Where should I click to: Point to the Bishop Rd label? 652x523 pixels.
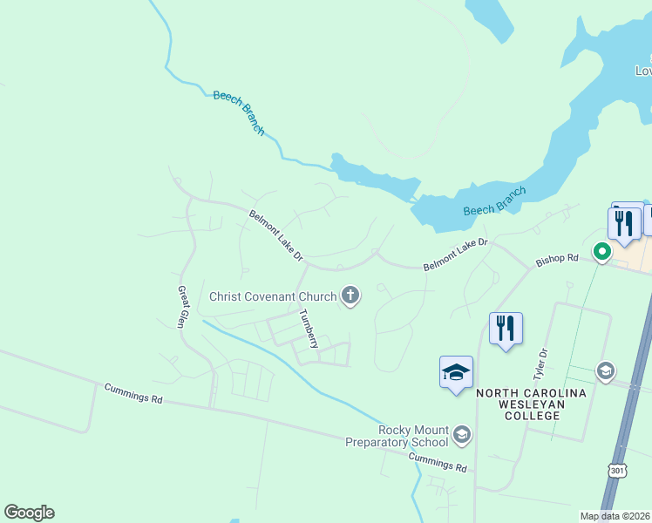point(557,258)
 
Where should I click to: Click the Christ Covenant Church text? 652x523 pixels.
point(273,296)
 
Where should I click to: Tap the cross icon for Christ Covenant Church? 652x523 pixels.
point(350,296)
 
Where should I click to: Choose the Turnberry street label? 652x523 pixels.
point(309,329)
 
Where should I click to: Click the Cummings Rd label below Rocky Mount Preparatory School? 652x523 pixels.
point(438,462)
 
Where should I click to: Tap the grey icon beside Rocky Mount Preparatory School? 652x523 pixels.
point(462,434)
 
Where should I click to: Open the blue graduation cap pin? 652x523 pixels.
point(456,372)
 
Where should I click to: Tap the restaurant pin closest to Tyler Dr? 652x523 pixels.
point(506,329)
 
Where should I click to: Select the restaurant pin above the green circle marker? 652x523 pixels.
point(624,223)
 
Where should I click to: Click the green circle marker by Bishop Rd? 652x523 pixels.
point(601,253)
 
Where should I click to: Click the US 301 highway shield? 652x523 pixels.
point(618,471)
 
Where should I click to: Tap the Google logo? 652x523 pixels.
point(30,513)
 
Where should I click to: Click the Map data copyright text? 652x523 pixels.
point(614,516)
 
